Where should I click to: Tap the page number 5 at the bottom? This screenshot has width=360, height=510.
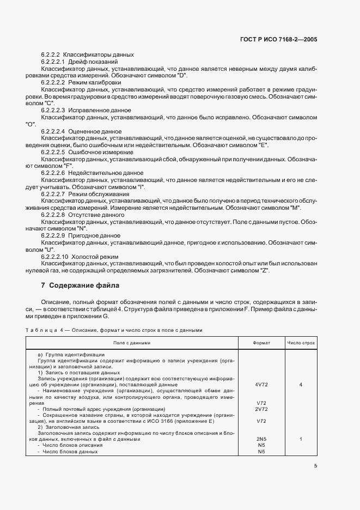click(x=315, y=465)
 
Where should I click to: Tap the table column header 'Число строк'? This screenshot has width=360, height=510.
click(x=301, y=343)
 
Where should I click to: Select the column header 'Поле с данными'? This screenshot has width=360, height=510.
click(x=131, y=343)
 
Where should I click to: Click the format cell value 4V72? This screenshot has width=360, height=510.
click(x=261, y=385)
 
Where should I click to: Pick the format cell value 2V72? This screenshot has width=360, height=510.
click(x=261, y=409)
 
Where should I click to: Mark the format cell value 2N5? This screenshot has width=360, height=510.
click(x=261, y=439)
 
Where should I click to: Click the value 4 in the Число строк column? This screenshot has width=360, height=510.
click(x=301, y=385)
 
